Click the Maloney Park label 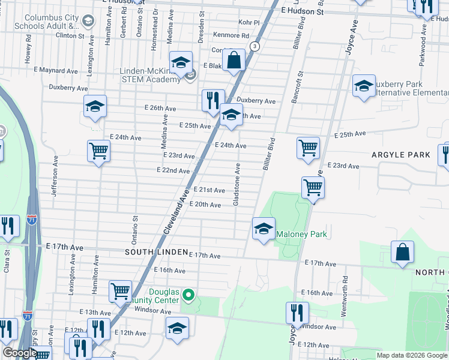point(302,234)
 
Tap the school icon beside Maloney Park point(264,229)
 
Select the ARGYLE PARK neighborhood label point(400,155)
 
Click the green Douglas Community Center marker point(188,295)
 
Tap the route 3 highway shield point(256,46)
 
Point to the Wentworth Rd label point(345,289)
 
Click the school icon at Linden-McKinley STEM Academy point(180,63)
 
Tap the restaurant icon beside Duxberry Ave point(212,100)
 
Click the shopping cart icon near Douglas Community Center point(120,292)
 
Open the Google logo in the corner point(19,353)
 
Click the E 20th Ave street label point(205,205)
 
